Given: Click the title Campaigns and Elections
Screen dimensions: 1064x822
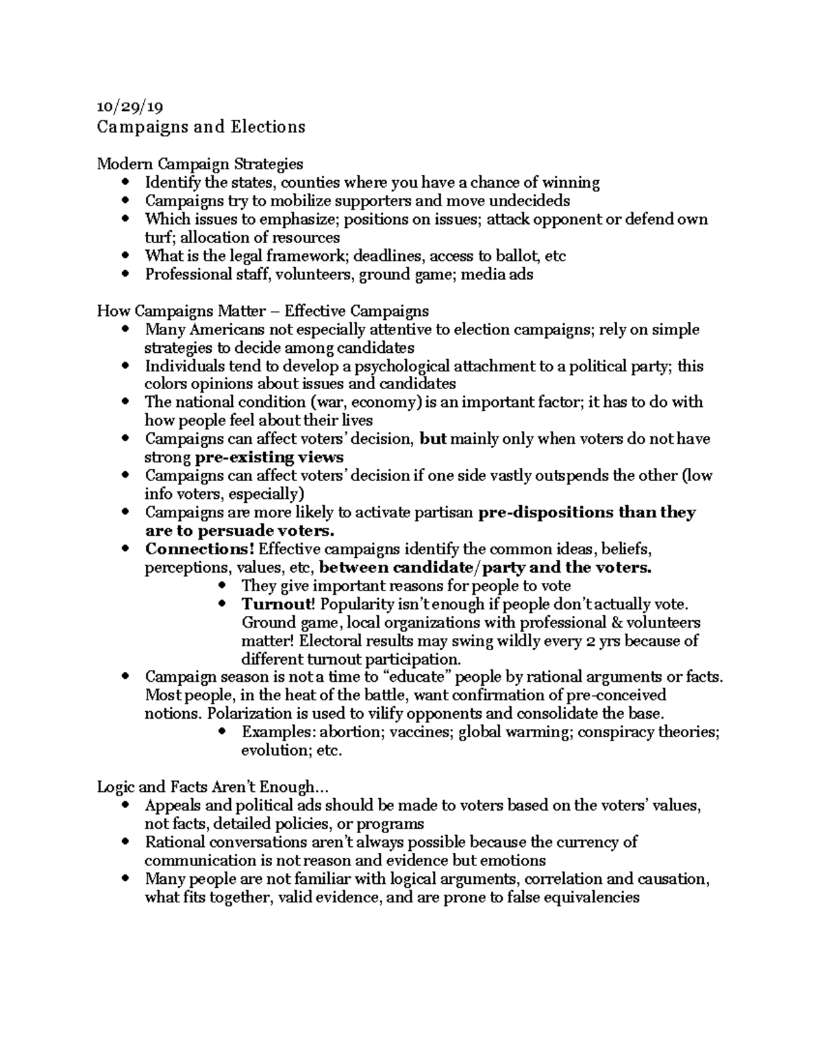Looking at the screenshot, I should click(x=201, y=127).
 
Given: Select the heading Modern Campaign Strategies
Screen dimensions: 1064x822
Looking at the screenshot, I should click(x=199, y=164).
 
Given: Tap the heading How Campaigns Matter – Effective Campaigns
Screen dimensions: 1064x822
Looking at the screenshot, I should click(x=263, y=311).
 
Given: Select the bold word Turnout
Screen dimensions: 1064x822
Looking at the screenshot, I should click(x=277, y=604).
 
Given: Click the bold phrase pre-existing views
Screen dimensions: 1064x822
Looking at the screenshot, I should click(x=269, y=457).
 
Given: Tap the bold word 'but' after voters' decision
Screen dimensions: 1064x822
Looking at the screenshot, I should click(x=432, y=438).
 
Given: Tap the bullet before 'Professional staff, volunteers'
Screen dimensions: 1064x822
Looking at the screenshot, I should click(x=124, y=275).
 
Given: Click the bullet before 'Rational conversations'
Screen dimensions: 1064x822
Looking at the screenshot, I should click(x=124, y=842).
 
